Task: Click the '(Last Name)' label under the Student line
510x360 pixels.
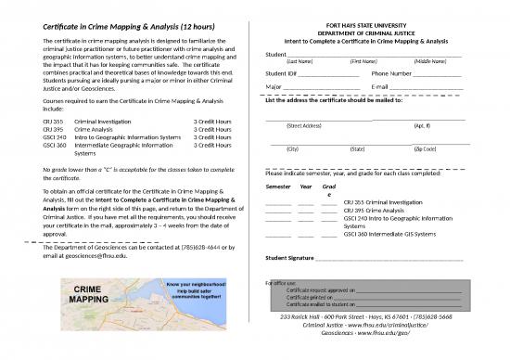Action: pos(302,60)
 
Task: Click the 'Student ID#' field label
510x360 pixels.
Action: pos(280,72)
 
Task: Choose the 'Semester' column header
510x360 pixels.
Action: pos(278,186)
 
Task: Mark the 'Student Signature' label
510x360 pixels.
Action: pos(289,258)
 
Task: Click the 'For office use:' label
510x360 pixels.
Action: pos(281,281)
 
